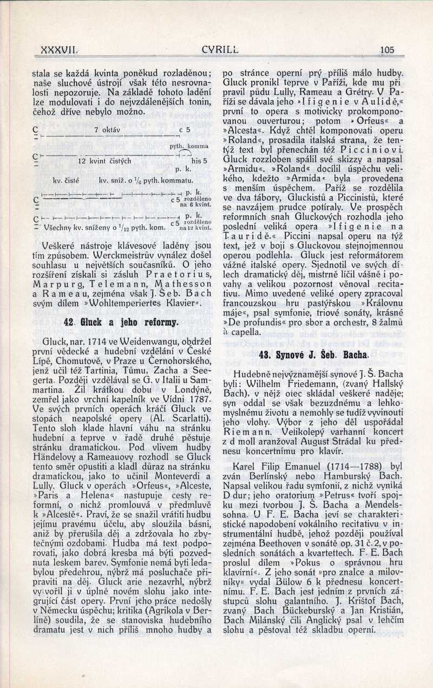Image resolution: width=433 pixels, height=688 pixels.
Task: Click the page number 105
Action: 386,50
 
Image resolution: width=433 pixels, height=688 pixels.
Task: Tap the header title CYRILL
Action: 220,50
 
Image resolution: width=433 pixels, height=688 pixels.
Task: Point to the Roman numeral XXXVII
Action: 61,50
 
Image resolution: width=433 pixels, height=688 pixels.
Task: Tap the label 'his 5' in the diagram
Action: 199,161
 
